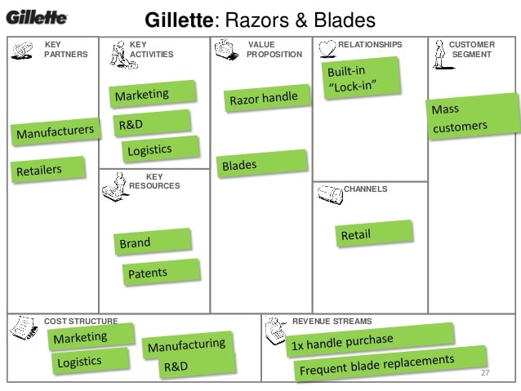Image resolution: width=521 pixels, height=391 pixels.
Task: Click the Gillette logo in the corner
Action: click(x=37, y=17)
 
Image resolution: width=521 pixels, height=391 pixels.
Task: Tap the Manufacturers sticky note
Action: click(x=56, y=131)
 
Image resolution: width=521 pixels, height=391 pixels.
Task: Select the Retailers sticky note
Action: click(x=48, y=170)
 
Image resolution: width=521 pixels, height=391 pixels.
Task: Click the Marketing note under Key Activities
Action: click(x=153, y=94)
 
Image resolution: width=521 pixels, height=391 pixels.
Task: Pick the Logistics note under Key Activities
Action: click(x=161, y=149)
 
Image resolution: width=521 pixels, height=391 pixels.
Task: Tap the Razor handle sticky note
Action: click(x=267, y=98)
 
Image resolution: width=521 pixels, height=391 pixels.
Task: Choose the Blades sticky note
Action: click(x=262, y=164)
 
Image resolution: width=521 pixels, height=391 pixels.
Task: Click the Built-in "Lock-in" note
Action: click(x=362, y=78)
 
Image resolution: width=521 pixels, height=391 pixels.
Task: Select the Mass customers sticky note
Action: click(x=473, y=117)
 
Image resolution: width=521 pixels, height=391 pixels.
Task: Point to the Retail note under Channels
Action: click(x=374, y=234)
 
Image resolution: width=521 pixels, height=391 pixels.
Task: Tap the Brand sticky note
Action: click(x=153, y=242)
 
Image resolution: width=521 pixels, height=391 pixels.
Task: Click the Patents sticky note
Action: click(x=161, y=272)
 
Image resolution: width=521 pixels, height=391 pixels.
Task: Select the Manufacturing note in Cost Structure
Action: click(x=187, y=344)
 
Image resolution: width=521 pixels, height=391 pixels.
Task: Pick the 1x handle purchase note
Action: click(x=370, y=340)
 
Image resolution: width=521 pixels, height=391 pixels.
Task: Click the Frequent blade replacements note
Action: click(x=390, y=364)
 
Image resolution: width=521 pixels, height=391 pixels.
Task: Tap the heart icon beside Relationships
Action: click(x=327, y=49)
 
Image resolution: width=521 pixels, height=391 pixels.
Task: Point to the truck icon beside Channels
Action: click(x=330, y=194)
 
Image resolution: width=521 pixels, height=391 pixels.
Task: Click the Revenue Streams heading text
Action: click(x=332, y=322)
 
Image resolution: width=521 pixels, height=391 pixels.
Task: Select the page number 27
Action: click(x=485, y=372)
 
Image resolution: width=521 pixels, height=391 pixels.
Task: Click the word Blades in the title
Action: click(x=345, y=20)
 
